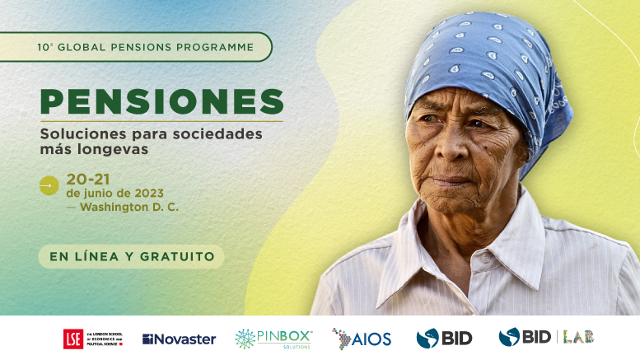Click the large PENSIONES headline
click(161, 101)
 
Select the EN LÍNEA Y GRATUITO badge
click(132, 256)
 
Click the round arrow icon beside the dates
click(49, 186)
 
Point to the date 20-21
click(88, 178)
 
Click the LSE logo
click(93, 338)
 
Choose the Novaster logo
click(179, 339)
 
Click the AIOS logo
click(362, 338)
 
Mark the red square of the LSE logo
click(72, 339)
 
